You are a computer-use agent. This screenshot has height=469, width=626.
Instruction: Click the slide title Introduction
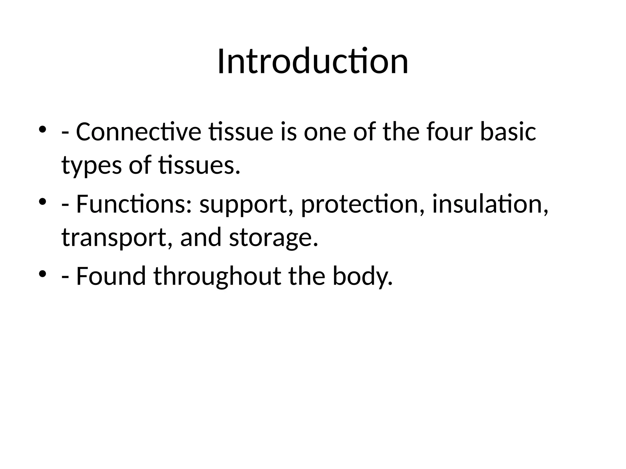tap(313, 61)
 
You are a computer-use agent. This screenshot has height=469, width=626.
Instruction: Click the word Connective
tap(138, 132)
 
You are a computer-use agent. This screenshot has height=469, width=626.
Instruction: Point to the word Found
tap(111, 276)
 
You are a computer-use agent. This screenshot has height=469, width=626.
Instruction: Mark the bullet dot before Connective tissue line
tap(42, 129)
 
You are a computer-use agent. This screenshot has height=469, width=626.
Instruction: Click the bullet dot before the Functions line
tap(42, 202)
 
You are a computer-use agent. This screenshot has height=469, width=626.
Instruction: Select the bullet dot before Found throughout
tap(42, 273)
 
